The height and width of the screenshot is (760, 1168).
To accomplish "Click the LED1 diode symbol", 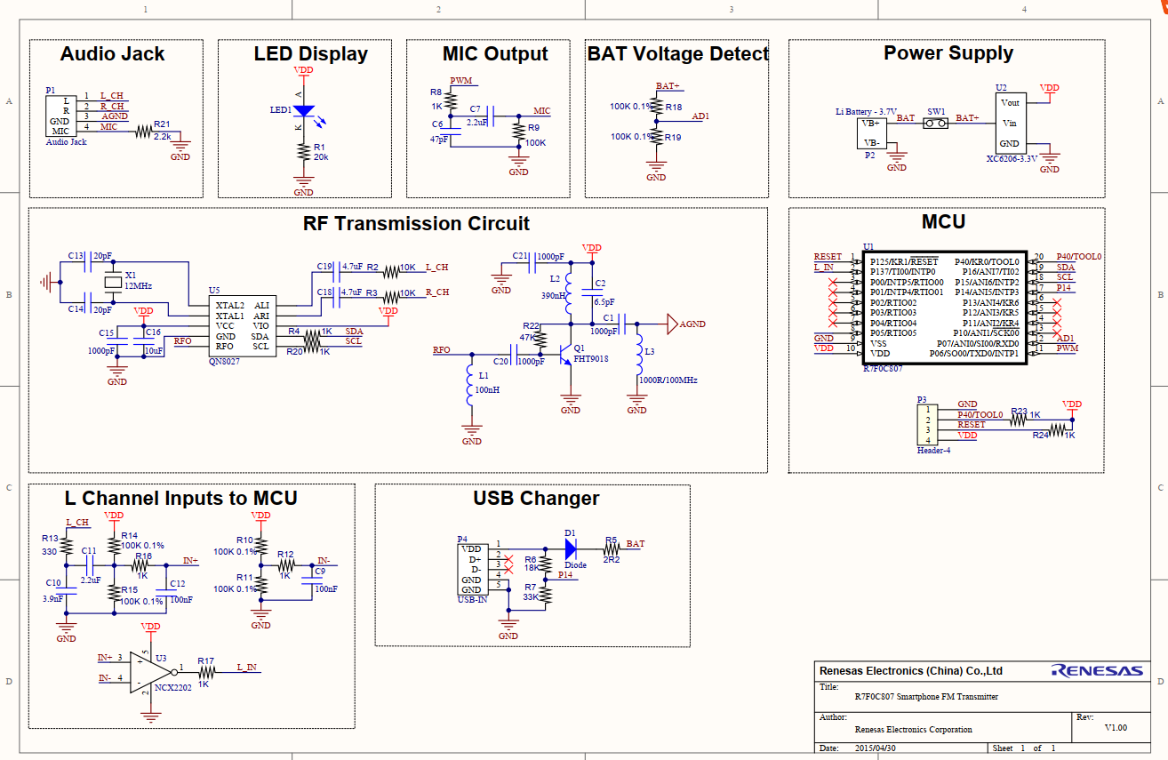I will [303, 112].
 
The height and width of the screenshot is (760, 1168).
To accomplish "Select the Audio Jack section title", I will [112, 54].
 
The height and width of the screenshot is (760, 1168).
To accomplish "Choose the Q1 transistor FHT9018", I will [566, 354].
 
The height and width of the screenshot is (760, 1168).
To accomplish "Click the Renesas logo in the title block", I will [1097, 671].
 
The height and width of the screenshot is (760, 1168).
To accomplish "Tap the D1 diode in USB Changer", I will [571, 544].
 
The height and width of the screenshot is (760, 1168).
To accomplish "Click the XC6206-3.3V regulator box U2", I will [1011, 124].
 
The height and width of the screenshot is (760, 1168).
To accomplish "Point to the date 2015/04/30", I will [875, 748].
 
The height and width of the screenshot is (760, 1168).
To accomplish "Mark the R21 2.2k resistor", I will [143, 133].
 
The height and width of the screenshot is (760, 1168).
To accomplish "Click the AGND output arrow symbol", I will [672, 324].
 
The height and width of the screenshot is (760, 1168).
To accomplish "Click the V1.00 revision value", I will [1115, 728].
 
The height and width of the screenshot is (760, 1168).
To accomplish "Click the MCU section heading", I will [943, 222].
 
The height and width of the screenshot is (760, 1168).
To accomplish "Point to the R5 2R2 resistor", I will [612, 549].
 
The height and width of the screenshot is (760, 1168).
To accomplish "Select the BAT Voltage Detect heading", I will [677, 54].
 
